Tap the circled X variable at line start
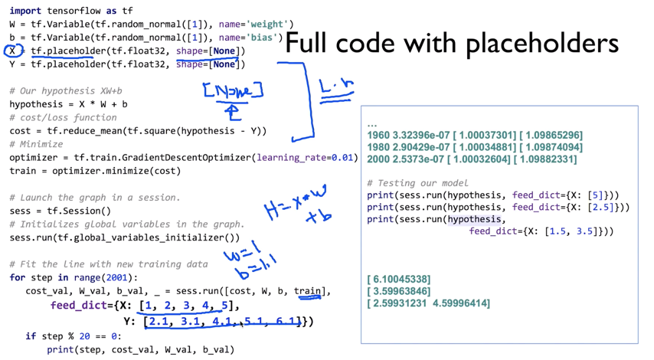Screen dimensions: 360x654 coord(11,51)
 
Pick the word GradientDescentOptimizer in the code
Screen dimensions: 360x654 coord(178,157)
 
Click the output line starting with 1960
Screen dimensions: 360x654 coord(475,135)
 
